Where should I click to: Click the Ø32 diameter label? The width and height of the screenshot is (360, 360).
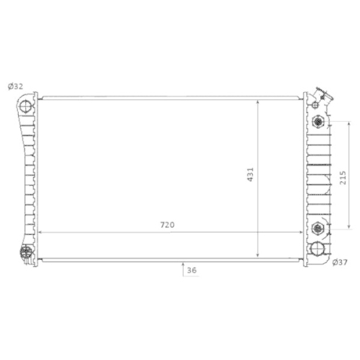coord(15,86)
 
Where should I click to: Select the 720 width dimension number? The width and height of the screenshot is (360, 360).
coord(168,225)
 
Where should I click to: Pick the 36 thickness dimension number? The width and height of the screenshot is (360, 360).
coord(191,271)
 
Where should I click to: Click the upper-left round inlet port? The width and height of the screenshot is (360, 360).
coord(27,107)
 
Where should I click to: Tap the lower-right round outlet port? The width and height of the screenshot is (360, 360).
coord(318,250)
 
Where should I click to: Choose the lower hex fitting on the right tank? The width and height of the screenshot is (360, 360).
coord(317,230)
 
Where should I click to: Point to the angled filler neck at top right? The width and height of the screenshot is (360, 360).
coord(321,96)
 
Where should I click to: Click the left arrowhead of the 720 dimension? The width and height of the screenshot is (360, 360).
coord(39,233)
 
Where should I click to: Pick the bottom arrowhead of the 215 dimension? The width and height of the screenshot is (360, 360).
coord(333,228)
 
